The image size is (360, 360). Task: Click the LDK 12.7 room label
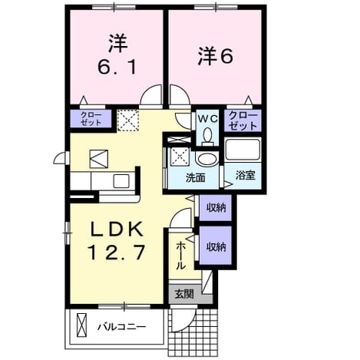point(117,240)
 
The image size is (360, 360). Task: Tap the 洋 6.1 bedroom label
point(117,54)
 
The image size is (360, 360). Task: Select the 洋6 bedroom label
point(215,56)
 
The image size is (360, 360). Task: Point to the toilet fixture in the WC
point(207,137)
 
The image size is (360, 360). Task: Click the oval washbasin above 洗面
point(208,159)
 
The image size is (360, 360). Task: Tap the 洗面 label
point(196,177)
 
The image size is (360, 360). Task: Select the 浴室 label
point(245,175)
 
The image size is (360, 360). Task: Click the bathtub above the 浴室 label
point(243,149)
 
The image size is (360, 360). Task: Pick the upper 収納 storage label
point(216,207)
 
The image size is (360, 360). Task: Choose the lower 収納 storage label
point(216,246)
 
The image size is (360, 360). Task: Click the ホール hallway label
point(180,256)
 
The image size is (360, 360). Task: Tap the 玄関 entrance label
point(184,294)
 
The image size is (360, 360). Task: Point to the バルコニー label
point(122,327)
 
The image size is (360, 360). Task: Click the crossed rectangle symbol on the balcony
point(82,325)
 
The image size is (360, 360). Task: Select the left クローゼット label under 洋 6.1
point(91,118)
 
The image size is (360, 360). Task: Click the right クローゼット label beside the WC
point(243,121)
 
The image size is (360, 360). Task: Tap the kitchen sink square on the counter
point(121,181)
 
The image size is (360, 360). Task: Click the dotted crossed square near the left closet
point(128,121)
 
